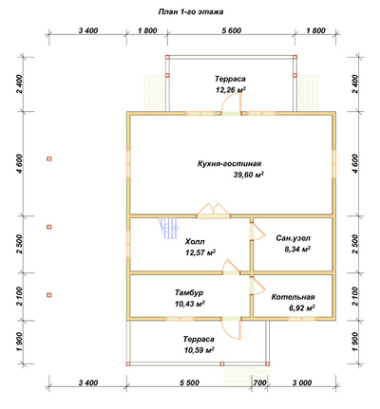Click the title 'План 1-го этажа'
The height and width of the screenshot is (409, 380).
pos(191,12)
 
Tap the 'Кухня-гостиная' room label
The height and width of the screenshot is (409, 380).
pos(230,164)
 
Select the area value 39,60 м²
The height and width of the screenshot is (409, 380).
pos(249,175)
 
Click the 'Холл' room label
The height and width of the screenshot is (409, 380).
pos(195,242)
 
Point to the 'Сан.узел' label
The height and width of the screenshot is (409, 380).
pos(293,238)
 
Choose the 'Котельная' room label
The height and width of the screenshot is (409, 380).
pos(293,297)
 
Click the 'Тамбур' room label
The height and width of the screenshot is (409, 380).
pos(189,293)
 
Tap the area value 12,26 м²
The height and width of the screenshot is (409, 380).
pos(231,90)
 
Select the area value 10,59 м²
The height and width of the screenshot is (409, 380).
pos(199,350)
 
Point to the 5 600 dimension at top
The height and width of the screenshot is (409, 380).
pos(232,30)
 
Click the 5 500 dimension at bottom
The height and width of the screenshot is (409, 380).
pos(189,382)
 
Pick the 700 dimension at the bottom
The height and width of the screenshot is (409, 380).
pos(259,382)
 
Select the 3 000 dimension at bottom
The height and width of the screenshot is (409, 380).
pos(302,382)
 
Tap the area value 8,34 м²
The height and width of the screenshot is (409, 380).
pos(297,250)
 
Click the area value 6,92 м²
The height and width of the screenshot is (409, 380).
pos(301,307)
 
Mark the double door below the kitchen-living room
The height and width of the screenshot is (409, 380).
pos(212,210)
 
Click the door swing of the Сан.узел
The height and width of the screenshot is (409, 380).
pos(257,232)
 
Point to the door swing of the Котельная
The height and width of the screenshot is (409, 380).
pos(257,287)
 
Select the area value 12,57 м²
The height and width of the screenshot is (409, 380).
pos(200,252)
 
